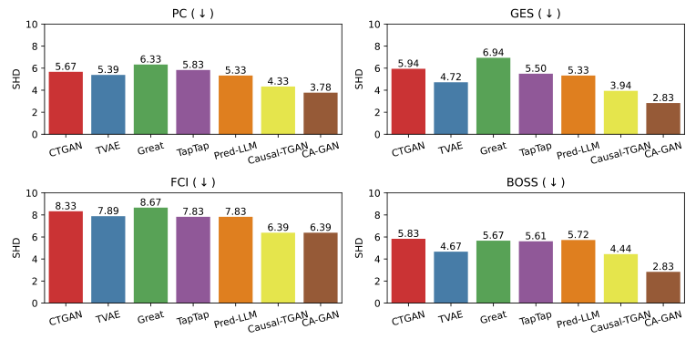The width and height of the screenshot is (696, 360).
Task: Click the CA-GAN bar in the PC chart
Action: [320, 114]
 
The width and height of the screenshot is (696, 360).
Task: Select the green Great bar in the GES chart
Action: [493, 97]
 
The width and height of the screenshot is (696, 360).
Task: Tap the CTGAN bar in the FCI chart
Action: [66, 257]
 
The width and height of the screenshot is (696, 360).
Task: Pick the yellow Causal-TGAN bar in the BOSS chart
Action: [620, 279]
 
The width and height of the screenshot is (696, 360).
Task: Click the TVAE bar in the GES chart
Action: [450, 108]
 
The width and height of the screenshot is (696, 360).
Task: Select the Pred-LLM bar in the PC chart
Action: [235, 105]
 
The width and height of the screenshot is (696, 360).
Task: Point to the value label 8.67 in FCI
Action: [150, 202]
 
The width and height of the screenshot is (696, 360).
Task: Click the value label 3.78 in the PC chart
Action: [320, 87]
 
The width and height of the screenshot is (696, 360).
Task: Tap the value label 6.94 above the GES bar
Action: [493, 53]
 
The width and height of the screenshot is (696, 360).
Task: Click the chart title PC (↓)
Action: [192, 13]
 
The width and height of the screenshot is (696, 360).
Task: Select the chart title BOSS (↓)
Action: [535, 181]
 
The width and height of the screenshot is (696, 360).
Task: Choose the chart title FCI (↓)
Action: [192, 181]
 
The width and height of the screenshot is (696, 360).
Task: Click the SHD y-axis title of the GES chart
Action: [359, 78]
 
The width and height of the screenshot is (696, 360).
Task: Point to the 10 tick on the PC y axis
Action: [35, 24]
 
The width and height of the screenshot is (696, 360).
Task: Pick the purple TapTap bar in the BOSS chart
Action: [535, 272]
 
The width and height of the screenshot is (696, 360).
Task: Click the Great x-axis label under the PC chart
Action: [150, 148]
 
